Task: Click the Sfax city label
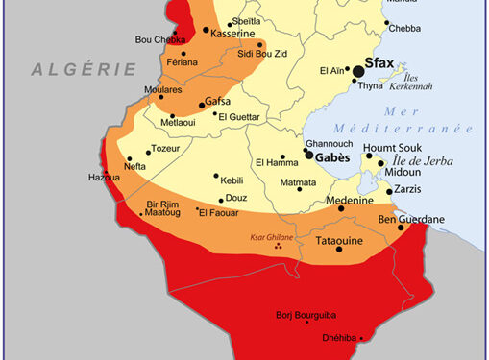point(385,68)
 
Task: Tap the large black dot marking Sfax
point(359,71)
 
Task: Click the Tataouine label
point(340,241)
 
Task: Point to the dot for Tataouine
point(339,251)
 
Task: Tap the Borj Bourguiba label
point(299,313)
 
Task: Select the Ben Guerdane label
point(412,220)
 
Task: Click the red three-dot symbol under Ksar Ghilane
point(280,247)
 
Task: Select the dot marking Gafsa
point(201,104)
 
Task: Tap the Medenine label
point(351,201)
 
